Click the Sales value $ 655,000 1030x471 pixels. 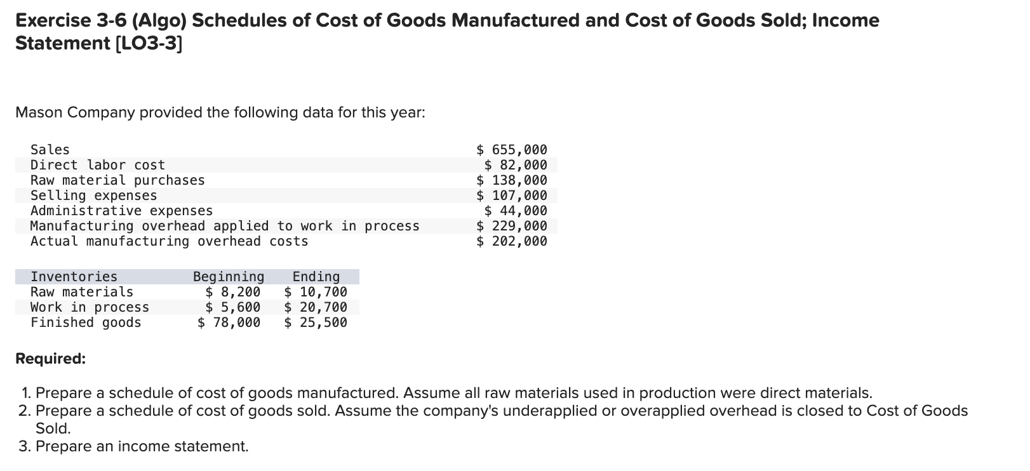512,150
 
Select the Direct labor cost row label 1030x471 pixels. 98,165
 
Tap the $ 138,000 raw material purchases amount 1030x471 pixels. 512,180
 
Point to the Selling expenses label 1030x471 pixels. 94,196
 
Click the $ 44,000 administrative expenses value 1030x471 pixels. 516,211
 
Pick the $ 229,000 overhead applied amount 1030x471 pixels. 512,226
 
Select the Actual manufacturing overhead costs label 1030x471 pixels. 170,241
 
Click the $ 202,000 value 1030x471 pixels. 512,241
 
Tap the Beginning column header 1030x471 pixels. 229,277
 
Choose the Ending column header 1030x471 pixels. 316,277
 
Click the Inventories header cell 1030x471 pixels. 74,277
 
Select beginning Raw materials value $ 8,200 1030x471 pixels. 233,292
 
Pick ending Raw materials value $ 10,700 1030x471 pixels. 316,292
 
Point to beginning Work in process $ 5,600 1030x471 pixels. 233,307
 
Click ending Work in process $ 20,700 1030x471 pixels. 316,307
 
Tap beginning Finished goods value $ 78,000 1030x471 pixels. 229,322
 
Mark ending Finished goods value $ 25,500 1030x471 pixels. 316,322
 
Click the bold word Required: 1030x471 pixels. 50,359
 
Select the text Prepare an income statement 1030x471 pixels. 142,446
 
